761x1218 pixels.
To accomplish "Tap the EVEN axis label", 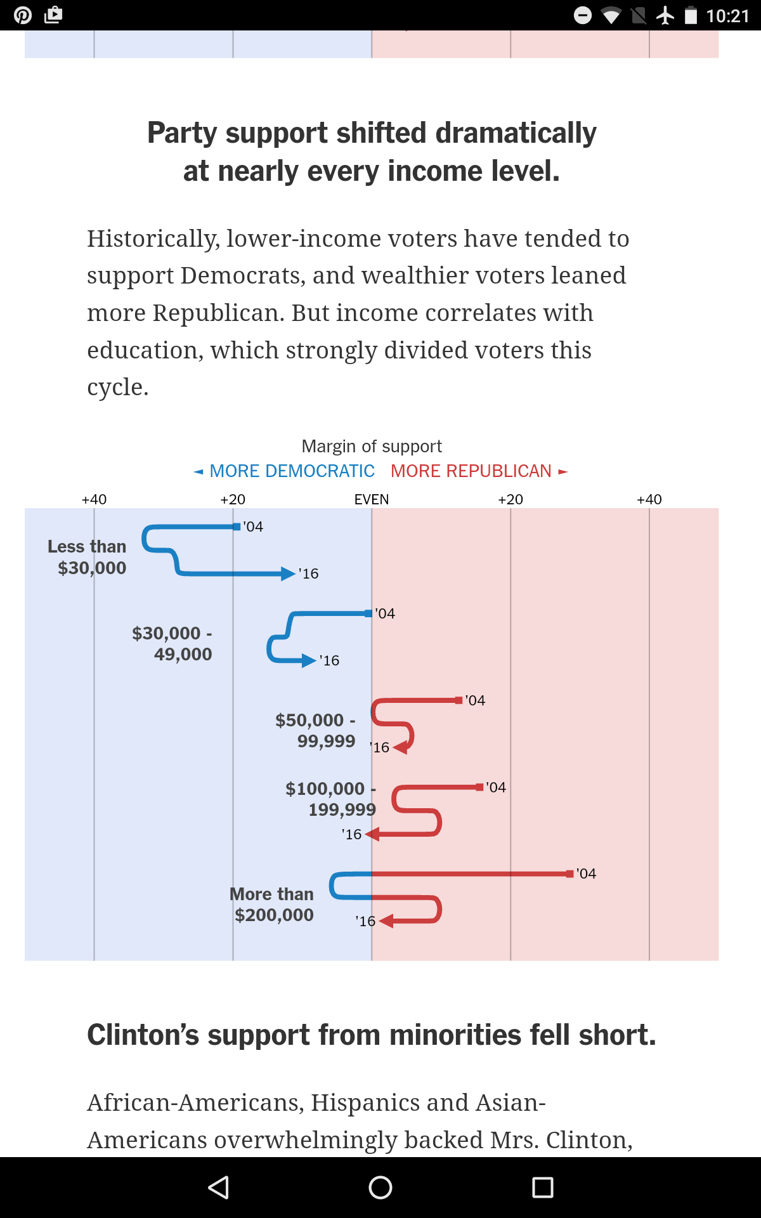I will click(372, 499).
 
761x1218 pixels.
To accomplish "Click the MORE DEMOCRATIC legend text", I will click(292, 471).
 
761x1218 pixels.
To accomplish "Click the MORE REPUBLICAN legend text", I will click(471, 471).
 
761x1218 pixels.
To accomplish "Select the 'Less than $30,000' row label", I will click(88, 557).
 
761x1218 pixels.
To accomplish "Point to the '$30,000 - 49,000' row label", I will click(172, 643).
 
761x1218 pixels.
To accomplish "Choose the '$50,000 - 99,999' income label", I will click(316, 730).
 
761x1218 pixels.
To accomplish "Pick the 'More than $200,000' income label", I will click(272, 904).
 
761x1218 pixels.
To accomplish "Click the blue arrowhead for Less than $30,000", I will click(289, 573).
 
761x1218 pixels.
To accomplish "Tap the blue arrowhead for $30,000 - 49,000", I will click(309, 660).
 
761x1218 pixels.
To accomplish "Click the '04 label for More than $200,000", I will click(587, 874).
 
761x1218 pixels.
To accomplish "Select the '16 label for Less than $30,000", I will click(309, 573).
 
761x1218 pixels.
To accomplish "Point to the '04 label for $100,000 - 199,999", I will click(496, 787).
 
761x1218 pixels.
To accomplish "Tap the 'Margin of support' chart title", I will click(372, 446).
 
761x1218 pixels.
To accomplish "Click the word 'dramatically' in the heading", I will click(516, 133).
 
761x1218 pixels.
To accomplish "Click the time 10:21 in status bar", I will click(727, 15).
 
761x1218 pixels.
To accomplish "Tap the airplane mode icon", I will click(665, 15).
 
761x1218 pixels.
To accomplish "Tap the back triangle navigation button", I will click(219, 1187).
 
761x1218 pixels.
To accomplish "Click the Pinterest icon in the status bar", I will click(23, 15).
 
